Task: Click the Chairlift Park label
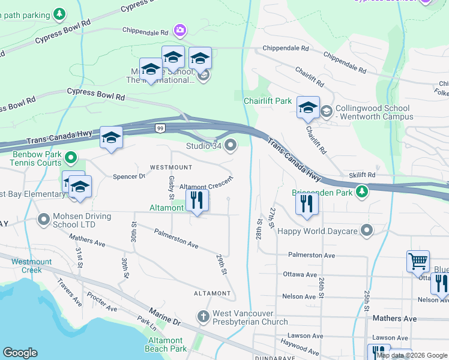point(267,101)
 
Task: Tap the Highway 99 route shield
point(160,128)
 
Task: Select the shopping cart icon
point(418,260)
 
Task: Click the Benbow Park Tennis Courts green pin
point(71,158)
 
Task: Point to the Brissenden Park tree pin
point(361,191)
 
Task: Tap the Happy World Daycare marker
point(367,231)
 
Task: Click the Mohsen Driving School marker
point(43,220)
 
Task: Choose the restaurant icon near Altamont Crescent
point(197,200)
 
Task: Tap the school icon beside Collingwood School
point(308,107)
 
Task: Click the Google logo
point(20,353)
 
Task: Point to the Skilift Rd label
point(362,175)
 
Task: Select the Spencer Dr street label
point(129,176)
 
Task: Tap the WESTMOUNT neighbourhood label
point(171,167)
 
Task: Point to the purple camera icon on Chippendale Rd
point(179,29)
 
